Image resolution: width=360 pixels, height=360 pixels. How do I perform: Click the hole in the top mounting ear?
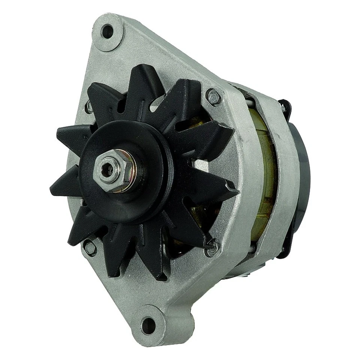click(x=108, y=31)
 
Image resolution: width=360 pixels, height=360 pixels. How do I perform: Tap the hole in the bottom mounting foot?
click(x=148, y=325)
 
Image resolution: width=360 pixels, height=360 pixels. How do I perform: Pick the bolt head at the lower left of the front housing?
click(x=90, y=247)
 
